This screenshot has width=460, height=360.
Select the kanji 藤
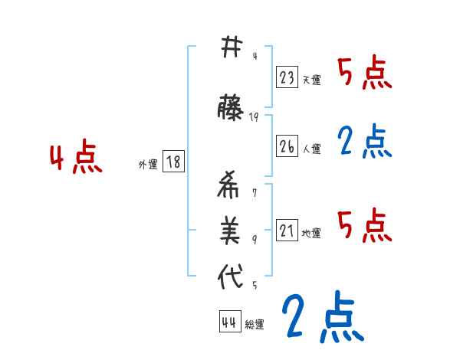[231, 108]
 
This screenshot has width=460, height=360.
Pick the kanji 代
[231, 277]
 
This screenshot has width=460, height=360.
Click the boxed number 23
[287, 77]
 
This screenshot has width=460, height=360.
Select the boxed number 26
[287, 147]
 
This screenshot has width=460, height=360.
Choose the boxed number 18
[173, 162]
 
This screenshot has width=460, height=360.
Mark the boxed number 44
[229, 322]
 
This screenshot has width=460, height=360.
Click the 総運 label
[255, 325]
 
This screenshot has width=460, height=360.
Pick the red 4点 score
[75, 159]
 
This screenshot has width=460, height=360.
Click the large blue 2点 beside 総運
[322, 317]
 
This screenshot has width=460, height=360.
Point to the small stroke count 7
[255, 192]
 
